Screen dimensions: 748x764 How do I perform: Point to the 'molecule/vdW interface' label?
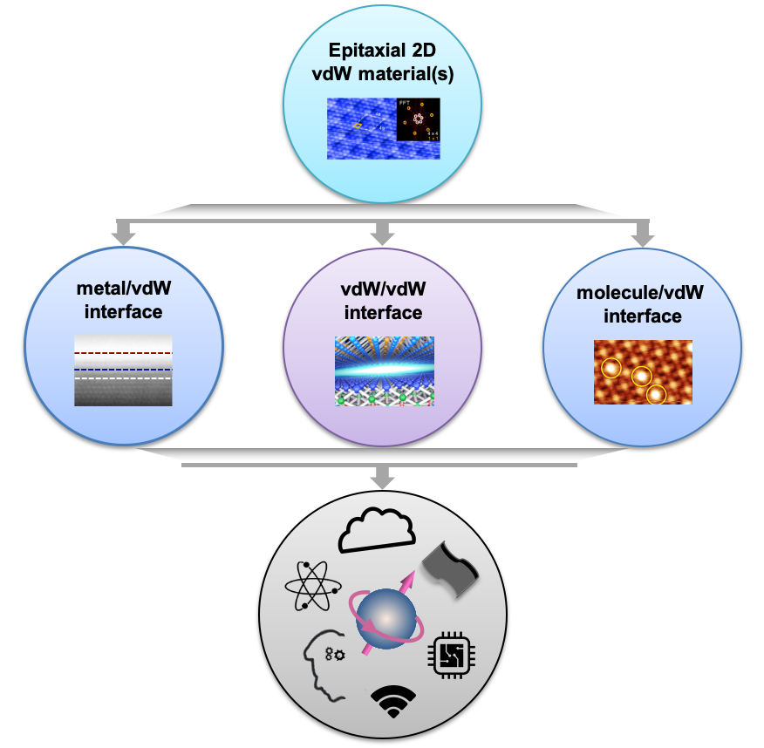(641, 303)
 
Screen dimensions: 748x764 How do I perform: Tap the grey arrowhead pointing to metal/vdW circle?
(123, 235)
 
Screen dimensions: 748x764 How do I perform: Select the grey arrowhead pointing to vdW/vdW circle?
(381, 235)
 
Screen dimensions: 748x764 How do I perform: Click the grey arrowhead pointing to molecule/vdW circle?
(642, 235)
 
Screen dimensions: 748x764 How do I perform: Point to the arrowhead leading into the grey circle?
(381, 479)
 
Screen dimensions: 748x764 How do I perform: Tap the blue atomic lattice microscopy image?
(361, 128)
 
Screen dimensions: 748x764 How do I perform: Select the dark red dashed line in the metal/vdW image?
(123, 353)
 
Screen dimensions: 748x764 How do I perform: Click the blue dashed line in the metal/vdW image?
(123, 370)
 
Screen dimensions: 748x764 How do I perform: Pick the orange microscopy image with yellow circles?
(643, 372)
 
